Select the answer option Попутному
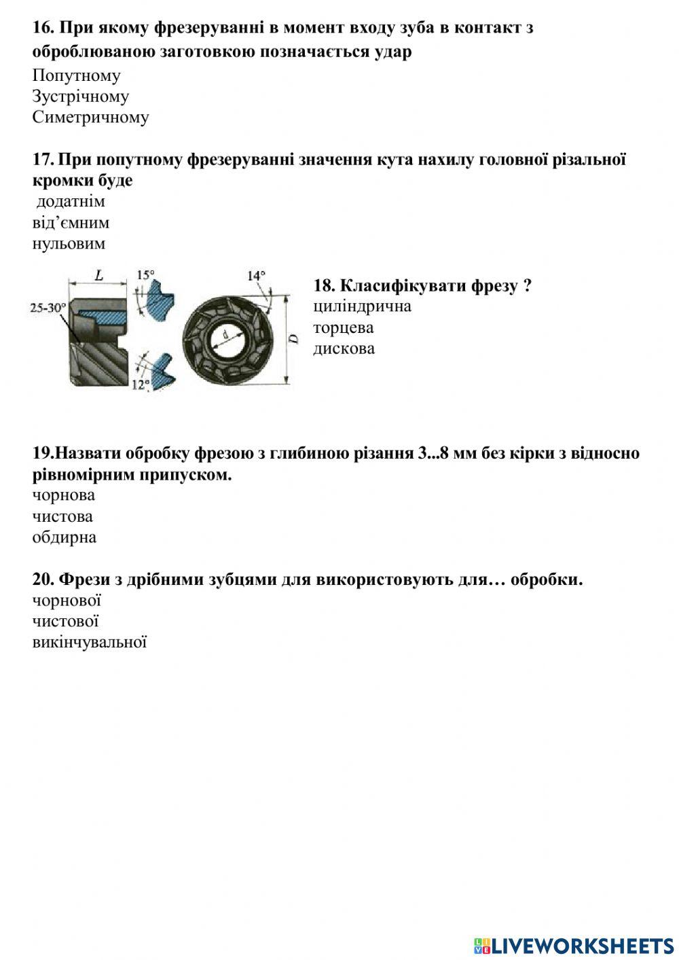(76, 75)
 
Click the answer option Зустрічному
(80, 96)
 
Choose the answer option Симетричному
(90, 118)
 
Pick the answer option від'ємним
(71, 223)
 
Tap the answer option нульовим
(69, 243)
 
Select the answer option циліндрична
(362, 306)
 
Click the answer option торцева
(343, 327)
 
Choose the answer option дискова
(344, 349)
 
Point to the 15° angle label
(146, 275)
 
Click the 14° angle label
(256, 276)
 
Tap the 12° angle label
(141, 385)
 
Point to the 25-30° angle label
(48, 308)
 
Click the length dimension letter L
(99, 276)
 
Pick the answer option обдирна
(64, 537)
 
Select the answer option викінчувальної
(90, 642)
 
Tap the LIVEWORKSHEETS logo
(574, 945)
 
